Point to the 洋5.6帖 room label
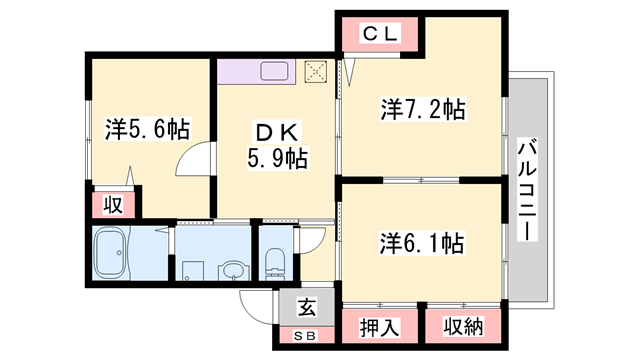pos(147,129)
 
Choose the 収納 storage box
pos(460,328)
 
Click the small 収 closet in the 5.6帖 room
pos(113,205)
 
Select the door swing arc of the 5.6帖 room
pos(199,160)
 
